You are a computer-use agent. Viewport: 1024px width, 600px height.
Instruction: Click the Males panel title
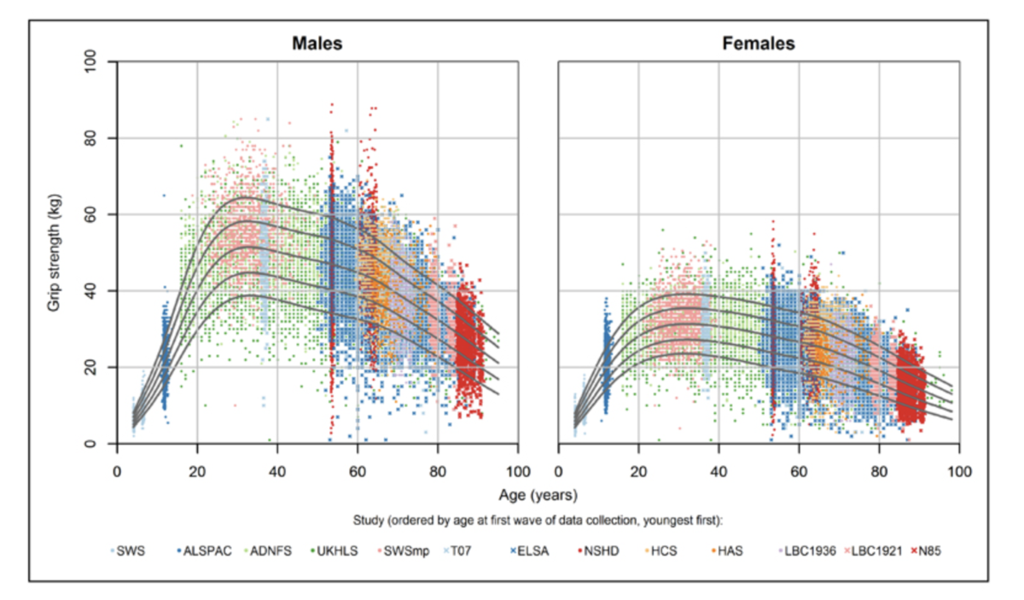click(x=317, y=43)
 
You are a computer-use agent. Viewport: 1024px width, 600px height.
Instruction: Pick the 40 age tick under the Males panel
click(x=277, y=470)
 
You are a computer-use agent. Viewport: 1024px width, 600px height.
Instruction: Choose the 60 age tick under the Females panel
click(x=799, y=470)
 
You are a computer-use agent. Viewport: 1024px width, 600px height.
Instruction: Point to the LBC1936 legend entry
click(x=811, y=551)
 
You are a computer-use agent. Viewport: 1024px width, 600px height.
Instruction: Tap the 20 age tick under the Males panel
click(x=197, y=470)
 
